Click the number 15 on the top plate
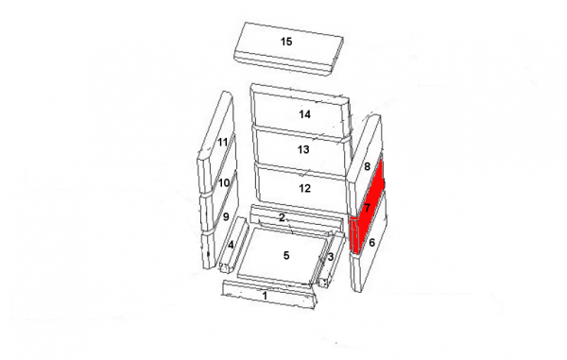click(x=286, y=42)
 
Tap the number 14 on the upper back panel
click(x=304, y=114)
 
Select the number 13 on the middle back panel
click(x=303, y=149)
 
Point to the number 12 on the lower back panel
click(x=304, y=188)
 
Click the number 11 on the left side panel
click(x=223, y=142)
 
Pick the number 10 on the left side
click(x=224, y=183)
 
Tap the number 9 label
click(x=226, y=217)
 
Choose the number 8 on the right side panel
click(x=367, y=166)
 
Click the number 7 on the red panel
click(x=368, y=208)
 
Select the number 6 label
click(x=371, y=243)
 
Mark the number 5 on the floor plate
click(x=286, y=255)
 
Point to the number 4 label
click(x=231, y=245)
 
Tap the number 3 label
click(x=331, y=257)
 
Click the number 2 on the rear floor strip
click(x=282, y=217)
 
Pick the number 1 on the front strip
click(x=265, y=296)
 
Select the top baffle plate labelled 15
click(x=288, y=49)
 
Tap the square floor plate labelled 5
click(x=283, y=257)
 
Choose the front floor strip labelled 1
click(x=269, y=296)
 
